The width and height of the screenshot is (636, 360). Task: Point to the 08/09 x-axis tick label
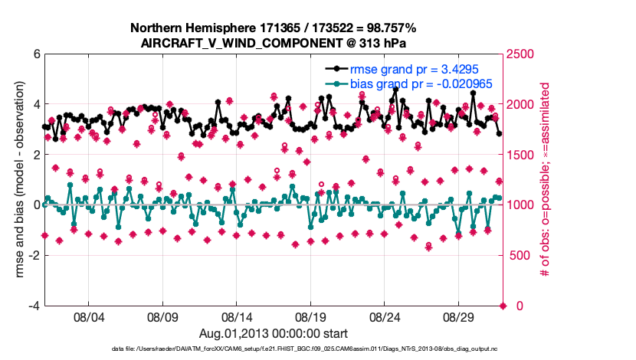[x=162, y=316]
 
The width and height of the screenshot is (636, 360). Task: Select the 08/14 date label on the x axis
[x=237, y=316]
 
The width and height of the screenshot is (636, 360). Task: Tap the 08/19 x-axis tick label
[x=311, y=316]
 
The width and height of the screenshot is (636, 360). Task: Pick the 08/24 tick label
[x=385, y=316]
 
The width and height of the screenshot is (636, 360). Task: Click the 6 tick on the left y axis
[x=36, y=54]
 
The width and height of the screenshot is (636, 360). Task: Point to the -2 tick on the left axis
[x=34, y=255]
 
